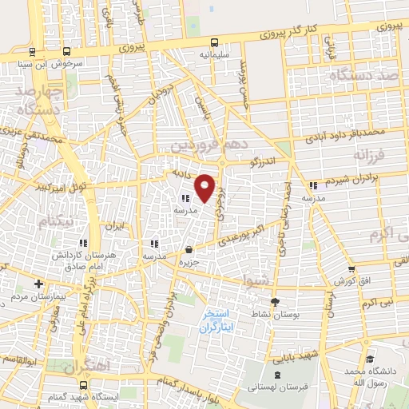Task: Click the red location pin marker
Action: tap(206, 187)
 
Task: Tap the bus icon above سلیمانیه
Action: tap(213, 43)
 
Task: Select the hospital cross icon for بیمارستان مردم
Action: tap(38, 284)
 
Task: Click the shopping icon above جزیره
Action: tap(188, 250)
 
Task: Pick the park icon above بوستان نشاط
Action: tap(276, 302)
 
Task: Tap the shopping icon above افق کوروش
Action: tap(350, 269)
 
